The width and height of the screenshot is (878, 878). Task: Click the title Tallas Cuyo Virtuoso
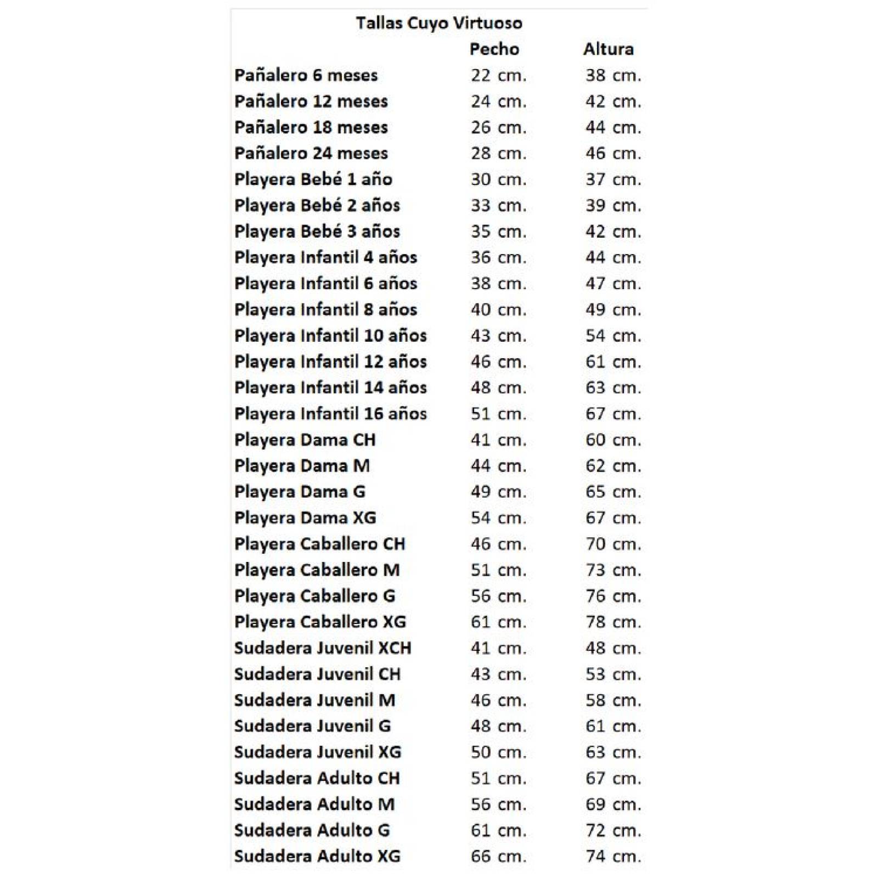click(x=438, y=23)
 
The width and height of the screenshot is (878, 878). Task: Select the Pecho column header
click(x=494, y=49)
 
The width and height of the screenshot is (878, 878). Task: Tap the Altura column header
click(x=608, y=49)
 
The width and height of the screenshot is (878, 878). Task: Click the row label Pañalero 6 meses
click(x=306, y=75)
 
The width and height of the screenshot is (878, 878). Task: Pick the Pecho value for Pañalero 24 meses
click(x=498, y=153)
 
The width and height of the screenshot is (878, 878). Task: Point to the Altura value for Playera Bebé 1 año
click(x=613, y=179)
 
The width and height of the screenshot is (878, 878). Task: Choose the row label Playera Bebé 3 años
click(x=317, y=232)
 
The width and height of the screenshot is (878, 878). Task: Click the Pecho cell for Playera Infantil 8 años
click(x=498, y=309)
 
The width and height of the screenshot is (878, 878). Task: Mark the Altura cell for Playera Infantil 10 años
click(x=613, y=336)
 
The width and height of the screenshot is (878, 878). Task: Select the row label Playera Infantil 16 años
click(x=330, y=414)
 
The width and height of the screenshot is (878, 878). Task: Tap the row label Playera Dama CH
click(x=305, y=440)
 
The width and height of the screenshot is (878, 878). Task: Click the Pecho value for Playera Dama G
click(x=498, y=492)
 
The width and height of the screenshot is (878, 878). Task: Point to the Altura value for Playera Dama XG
click(x=613, y=518)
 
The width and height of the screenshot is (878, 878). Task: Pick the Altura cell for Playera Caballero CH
click(x=613, y=544)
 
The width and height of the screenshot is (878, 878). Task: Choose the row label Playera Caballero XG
click(x=320, y=622)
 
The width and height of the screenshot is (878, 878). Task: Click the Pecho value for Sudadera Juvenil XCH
click(x=498, y=648)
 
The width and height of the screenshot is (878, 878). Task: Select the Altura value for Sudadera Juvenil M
click(x=613, y=700)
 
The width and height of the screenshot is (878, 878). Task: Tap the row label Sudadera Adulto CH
click(x=317, y=778)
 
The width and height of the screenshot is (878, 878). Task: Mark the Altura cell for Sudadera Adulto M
click(x=613, y=804)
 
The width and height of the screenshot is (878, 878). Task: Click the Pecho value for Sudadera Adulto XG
click(x=498, y=856)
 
